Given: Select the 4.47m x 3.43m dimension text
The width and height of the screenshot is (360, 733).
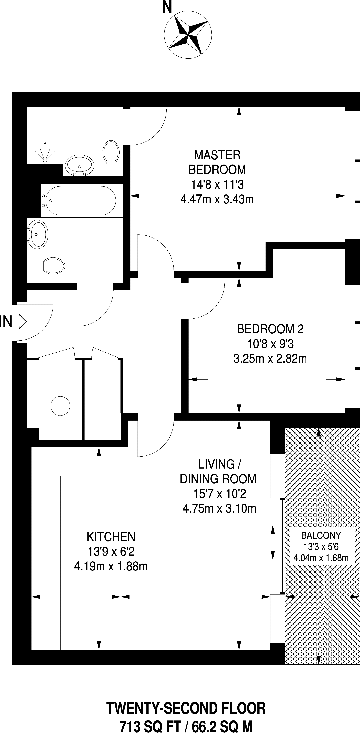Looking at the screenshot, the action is pos(217,199).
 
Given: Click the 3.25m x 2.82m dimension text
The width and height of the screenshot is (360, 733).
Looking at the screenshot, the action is pos(270,359).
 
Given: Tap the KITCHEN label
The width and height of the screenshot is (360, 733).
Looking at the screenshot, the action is pos(111,537).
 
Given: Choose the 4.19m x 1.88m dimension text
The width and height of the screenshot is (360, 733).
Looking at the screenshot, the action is pos(111,567).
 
